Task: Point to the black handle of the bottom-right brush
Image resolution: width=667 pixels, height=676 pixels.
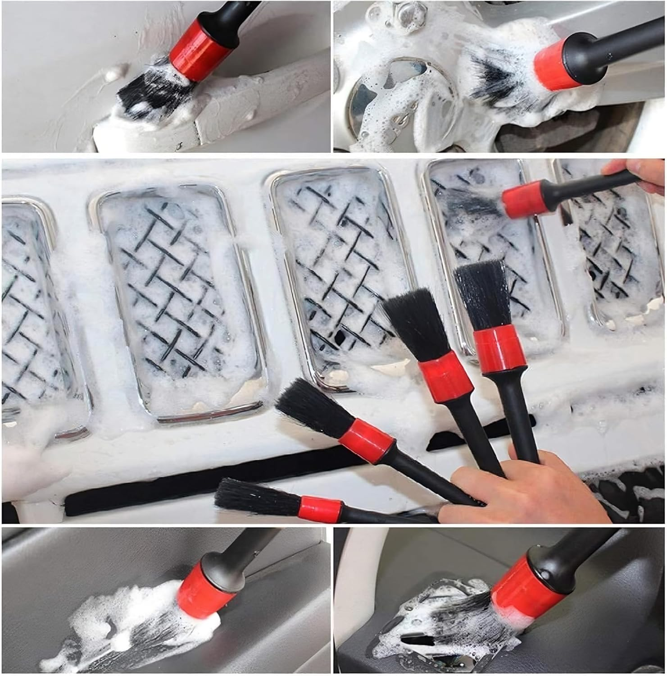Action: point(594,548)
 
